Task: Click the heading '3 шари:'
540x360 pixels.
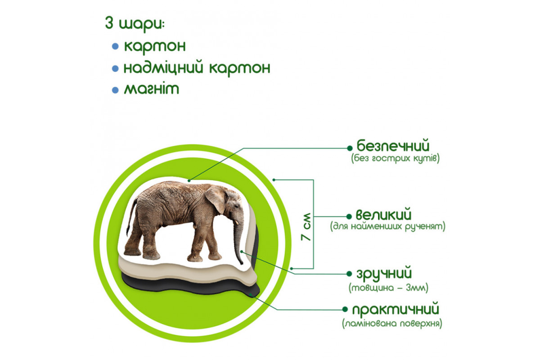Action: [x=135, y=24]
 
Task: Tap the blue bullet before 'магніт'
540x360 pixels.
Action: [x=115, y=90]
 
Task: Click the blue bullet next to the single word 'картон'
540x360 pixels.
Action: [x=115, y=46]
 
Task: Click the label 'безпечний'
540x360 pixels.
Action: [x=393, y=145]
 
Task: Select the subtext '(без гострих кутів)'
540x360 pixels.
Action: [x=396, y=159]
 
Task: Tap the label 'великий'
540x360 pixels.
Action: [x=383, y=214]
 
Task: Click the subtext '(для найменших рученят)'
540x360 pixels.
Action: [x=387, y=226]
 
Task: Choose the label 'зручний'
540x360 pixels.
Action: [x=384, y=274]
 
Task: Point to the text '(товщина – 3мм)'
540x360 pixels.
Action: [x=388, y=288]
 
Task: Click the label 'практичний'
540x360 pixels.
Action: [x=396, y=310]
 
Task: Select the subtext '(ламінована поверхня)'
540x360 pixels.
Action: [x=392, y=324]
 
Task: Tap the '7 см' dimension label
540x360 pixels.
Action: [x=306, y=227]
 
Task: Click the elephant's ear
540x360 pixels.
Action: [x=216, y=198]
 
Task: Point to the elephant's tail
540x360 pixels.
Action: [x=131, y=216]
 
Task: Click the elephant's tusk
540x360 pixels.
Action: [x=237, y=222]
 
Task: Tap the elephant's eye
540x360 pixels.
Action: [x=236, y=207]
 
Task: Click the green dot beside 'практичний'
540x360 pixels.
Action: [x=345, y=309]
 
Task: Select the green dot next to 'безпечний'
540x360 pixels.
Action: [x=350, y=148]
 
